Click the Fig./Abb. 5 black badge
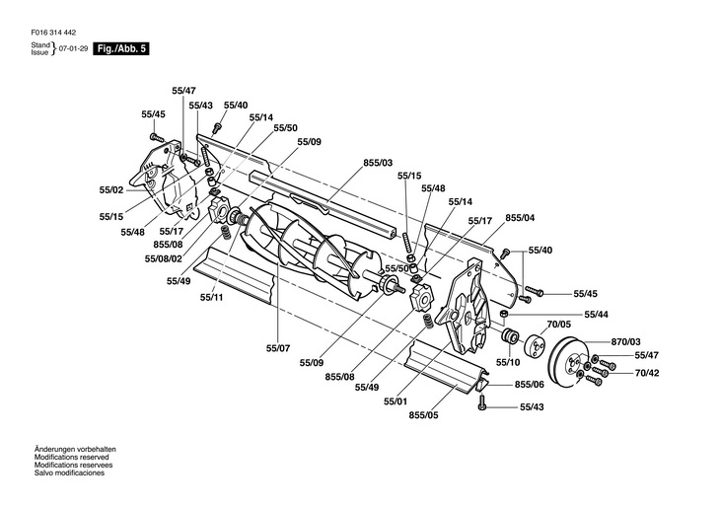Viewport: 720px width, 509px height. tap(121, 48)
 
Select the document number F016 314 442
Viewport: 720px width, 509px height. tap(53, 33)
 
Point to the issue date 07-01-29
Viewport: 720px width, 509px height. tap(73, 48)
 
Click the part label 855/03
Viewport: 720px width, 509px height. tap(378, 163)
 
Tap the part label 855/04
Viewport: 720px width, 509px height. tap(520, 217)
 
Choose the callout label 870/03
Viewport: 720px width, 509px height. tap(625, 341)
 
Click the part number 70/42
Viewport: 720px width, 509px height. tap(647, 373)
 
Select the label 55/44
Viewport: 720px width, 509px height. tap(596, 315)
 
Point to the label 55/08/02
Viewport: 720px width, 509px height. tap(164, 258)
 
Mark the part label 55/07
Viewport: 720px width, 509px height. tap(278, 348)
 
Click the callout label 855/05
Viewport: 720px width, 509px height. tap(423, 415)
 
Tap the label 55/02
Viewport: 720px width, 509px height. tap(111, 190)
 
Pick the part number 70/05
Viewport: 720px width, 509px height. tap(559, 325)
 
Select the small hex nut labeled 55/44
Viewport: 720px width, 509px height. tap(503, 314)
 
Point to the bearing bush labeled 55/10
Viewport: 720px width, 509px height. tap(510, 336)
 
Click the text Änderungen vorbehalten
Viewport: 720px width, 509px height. tap(75, 449)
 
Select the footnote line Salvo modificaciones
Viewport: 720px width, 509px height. tap(69, 473)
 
